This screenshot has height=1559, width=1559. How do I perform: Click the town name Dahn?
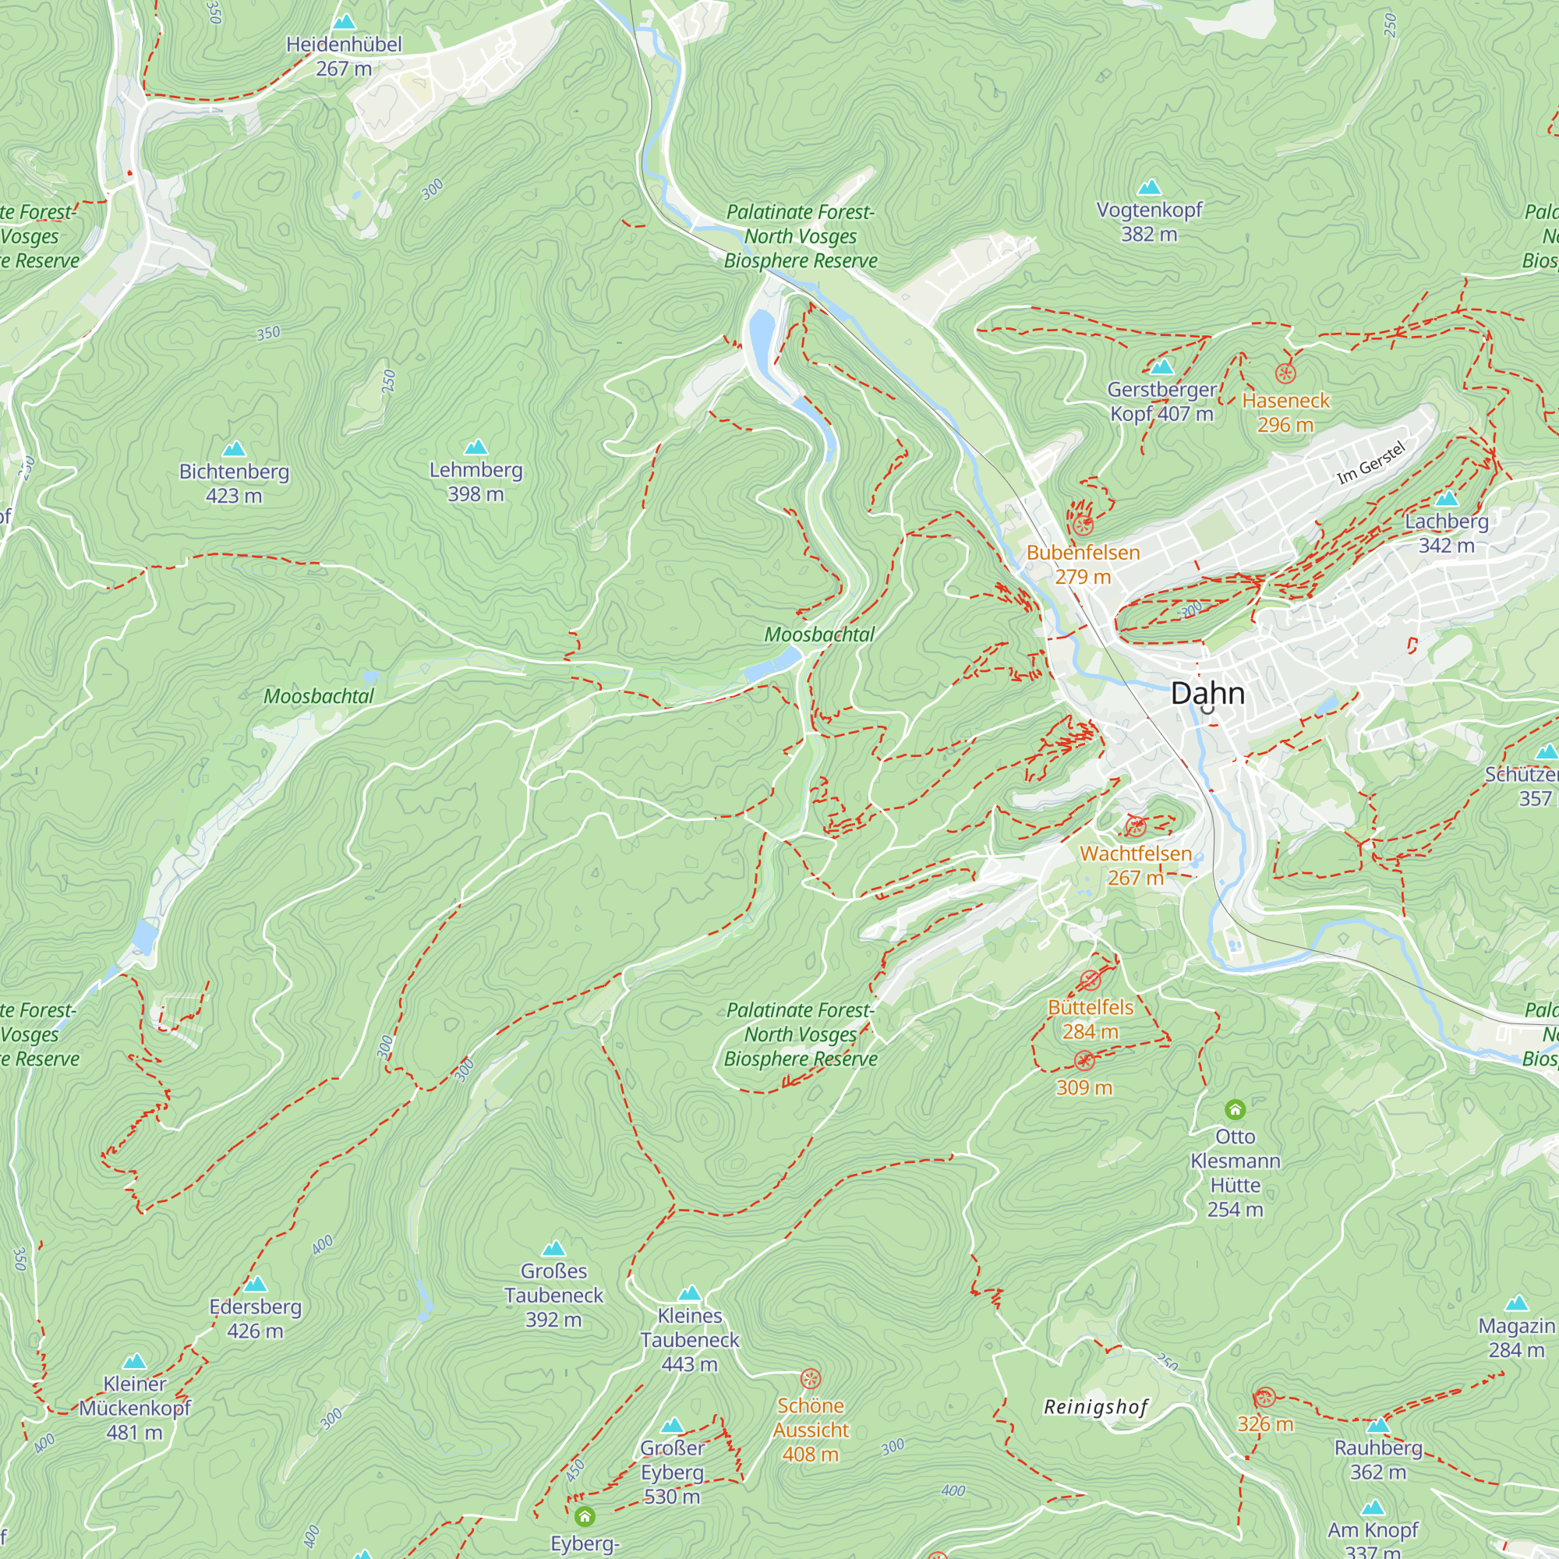(1207, 693)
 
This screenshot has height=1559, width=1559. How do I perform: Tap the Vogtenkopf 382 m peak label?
(1149, 222)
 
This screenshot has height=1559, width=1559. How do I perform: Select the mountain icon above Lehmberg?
(476, 447)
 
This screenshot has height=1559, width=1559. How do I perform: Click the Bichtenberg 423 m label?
(234, 483)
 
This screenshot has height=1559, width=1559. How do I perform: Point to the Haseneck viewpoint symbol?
(1285, 373)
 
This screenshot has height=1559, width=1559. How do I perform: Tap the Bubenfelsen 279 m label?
(1083, 564)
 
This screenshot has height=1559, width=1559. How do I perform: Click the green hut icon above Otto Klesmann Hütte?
(1235, 1109)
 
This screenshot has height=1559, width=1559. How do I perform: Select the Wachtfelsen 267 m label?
(1136, 865)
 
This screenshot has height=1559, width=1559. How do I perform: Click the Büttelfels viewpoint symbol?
(1091, 981)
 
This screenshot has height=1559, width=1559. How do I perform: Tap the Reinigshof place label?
(1095, 1407)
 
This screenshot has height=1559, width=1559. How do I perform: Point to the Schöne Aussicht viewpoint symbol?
(810, 1378)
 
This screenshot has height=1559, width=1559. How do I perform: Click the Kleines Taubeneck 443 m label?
(689, 1339)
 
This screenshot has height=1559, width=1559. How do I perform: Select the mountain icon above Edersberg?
(255, 1283)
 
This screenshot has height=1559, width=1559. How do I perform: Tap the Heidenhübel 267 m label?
(344, 55)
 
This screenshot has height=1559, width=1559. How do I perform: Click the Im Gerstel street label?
(1371, 464)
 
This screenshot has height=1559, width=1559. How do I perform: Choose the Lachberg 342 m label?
(1447, 532)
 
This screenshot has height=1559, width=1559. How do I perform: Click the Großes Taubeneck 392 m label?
(553, 1295)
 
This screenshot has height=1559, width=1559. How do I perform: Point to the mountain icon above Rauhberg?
(1378, 1424)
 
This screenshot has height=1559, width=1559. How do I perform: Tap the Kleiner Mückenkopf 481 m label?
(135, 1408)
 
